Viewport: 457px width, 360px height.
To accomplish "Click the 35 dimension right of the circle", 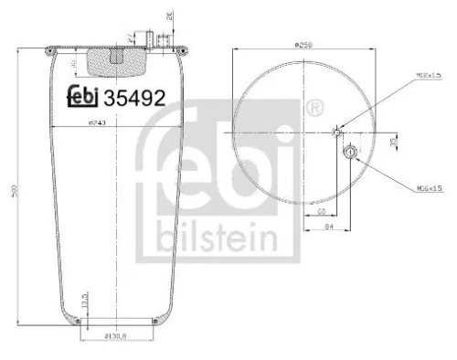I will [394, 142].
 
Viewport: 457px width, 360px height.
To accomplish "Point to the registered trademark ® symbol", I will [314, 111].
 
